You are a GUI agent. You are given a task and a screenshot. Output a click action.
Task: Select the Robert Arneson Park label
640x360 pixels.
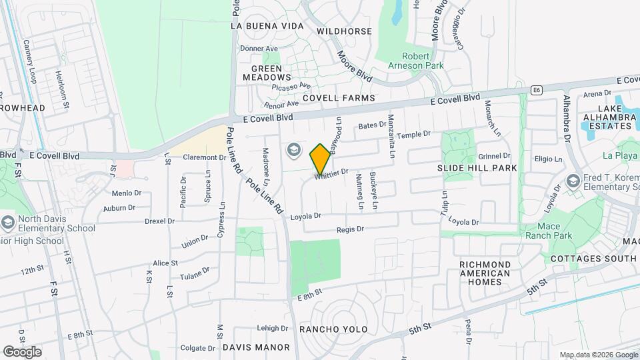[416, 61]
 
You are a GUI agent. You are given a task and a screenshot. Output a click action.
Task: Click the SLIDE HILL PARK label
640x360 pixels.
[477, 169]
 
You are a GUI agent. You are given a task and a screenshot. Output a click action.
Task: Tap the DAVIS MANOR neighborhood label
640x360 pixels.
[256, 347]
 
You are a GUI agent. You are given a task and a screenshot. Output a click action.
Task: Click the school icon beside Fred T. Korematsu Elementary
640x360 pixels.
[573, 181]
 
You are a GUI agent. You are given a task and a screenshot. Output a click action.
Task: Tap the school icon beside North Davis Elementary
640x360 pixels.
[7, 221]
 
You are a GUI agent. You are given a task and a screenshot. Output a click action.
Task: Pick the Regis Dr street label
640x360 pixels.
[351, 229]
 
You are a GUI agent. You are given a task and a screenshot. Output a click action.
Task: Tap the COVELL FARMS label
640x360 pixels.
[339, 98]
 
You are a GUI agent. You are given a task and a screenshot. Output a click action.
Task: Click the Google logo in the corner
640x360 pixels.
[22, 351]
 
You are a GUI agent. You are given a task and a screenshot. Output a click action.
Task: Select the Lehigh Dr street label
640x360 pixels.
[272, 328]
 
